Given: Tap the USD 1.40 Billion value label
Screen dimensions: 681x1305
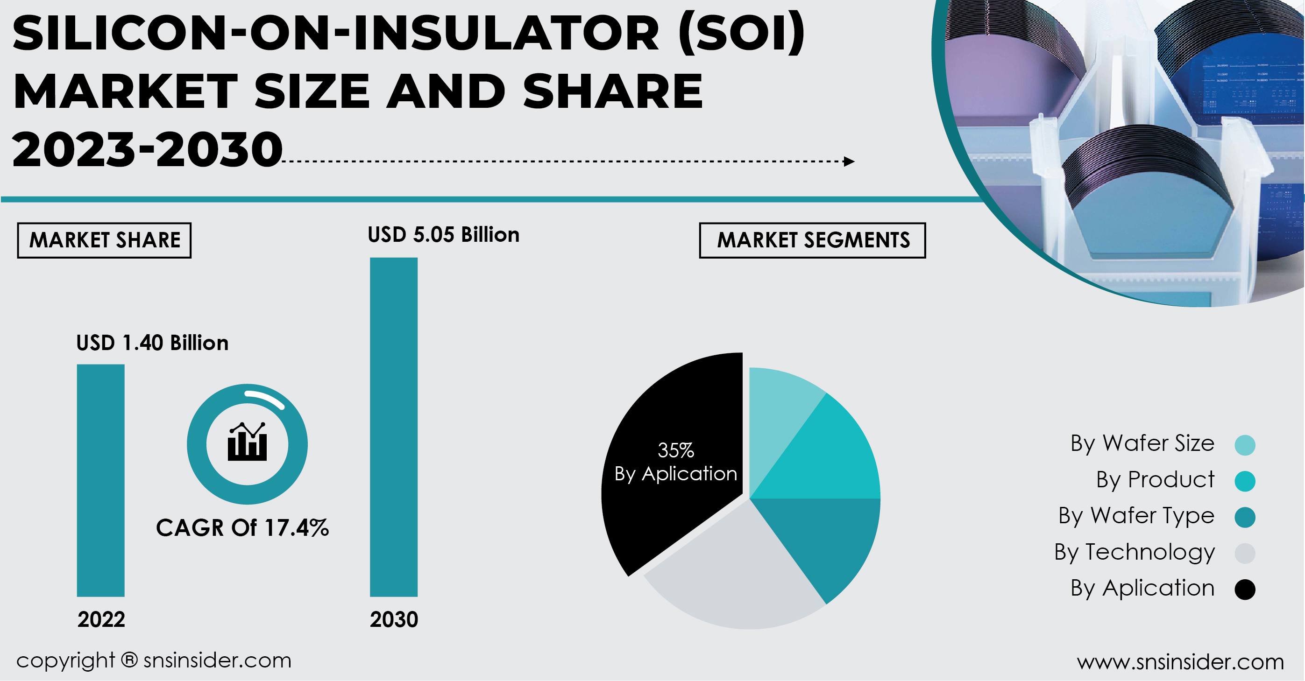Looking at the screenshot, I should (152, 343).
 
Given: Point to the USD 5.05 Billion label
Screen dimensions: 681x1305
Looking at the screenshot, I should (443, 235).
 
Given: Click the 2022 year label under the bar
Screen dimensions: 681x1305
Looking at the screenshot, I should (101, 619).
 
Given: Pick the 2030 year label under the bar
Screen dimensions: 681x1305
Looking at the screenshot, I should (394, 619).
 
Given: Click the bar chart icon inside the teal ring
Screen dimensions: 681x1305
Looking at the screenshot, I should (247, 442).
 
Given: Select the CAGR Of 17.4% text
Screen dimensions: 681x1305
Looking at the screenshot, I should (242, 527).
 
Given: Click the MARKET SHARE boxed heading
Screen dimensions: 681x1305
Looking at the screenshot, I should (104, 240).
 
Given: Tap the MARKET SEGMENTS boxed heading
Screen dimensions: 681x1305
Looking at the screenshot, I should (813, 240).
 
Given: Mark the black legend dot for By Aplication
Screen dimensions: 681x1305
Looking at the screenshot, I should (1245, 590).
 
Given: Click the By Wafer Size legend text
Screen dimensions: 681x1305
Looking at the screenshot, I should (1142, 443).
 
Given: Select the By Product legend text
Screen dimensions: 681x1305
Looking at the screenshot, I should (1155, 479).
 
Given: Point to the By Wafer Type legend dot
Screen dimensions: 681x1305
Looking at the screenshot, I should (1245, 517).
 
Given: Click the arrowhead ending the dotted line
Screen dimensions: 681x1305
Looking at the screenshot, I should (849, 161).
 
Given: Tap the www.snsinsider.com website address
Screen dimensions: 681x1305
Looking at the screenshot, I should (1180, 662).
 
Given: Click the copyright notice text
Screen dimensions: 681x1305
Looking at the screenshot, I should (154, 660).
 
